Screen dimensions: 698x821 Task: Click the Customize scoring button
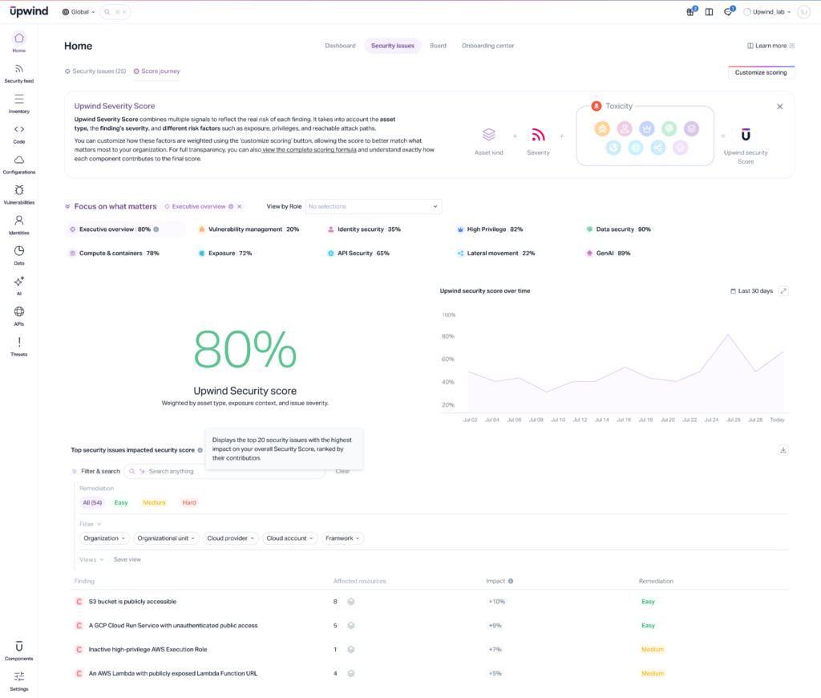(x=761, y=72)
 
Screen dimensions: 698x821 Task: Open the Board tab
(x=438, y=46)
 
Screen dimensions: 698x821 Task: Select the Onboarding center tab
(x=487, y=46)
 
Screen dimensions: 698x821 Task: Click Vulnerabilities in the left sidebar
(x=19, y=195)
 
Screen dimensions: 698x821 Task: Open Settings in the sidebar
(x=19, y=681)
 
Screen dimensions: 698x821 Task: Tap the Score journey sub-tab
(x=160, y=71)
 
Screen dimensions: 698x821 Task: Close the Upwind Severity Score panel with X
(x=779, y=106)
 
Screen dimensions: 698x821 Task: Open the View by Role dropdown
(x=373, y=206)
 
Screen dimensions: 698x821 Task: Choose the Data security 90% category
(x=622, y=229)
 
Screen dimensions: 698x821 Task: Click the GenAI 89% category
(x=612, y=254)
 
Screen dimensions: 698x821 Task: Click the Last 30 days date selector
(x=752, y=290)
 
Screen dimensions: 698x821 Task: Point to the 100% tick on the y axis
(x=448, y=315)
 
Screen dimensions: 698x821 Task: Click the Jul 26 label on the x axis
(x=733, y=420)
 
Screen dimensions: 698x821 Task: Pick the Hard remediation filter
(x=189, y=503)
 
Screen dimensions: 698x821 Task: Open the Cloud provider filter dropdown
(x=230, y=538)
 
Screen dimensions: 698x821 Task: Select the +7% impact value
(x=495, y=650)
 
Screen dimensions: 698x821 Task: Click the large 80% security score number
(x=245, y=351)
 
